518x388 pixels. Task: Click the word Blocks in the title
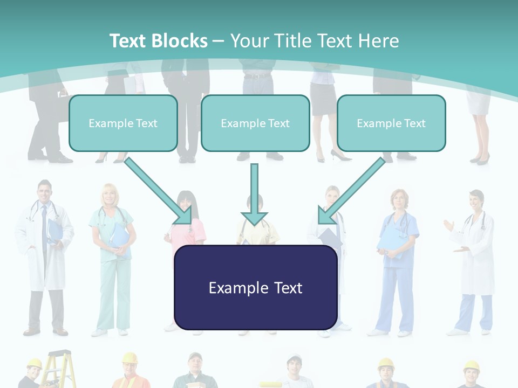point(180,41)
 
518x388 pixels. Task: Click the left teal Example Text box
point(123,123)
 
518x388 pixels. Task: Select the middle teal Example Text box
point(255,123)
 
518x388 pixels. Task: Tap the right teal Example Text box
point(391,123)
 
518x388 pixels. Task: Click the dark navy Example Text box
point(255,287)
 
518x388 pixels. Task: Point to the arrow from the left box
point(158,191)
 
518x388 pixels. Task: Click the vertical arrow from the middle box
point(254,193)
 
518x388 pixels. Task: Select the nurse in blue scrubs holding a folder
point(398,259)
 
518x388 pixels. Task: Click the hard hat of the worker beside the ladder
point(35,364)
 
